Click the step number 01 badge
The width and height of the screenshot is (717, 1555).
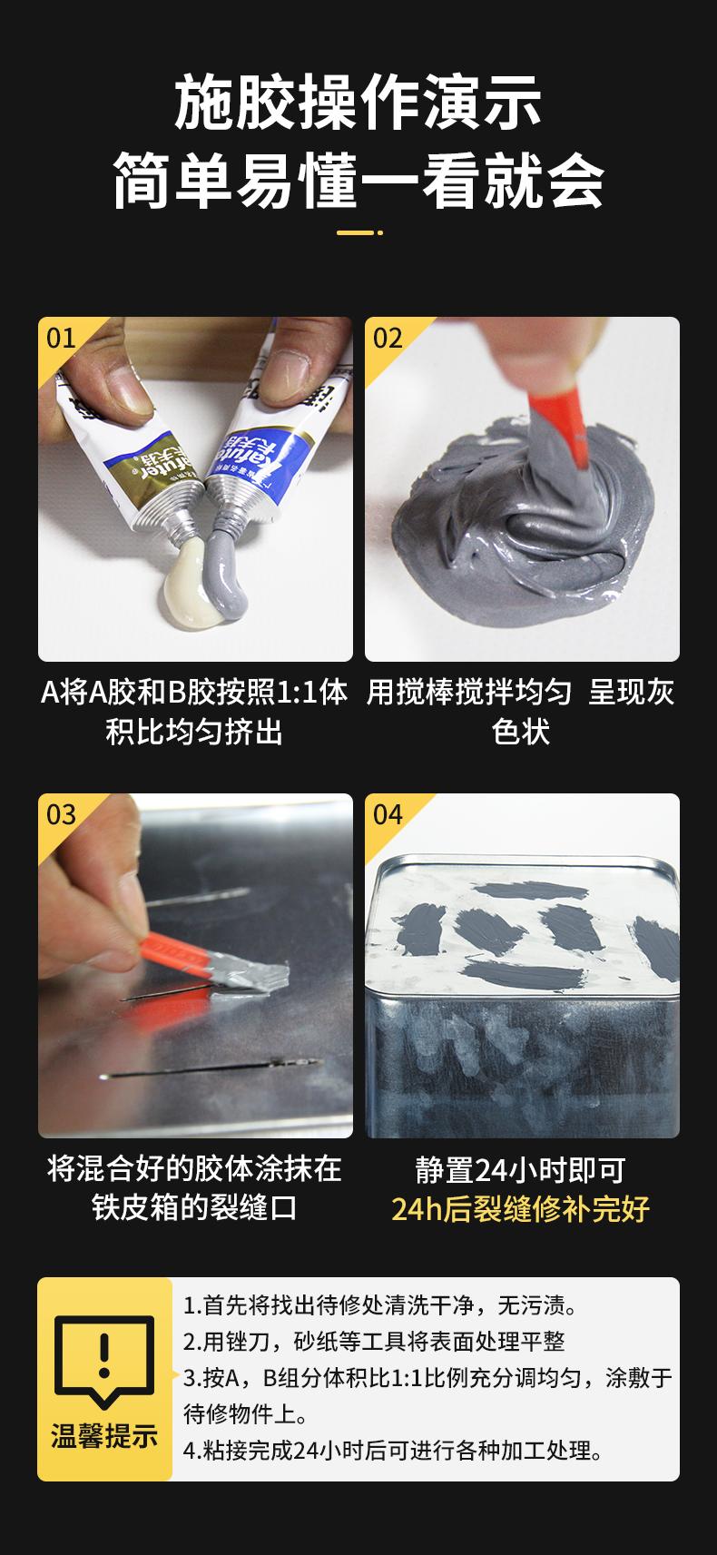click(62, 339)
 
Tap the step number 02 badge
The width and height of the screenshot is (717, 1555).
click(388, 339)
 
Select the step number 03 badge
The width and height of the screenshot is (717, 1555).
click(62, 814)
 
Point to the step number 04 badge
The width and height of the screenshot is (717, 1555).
click(388, 814)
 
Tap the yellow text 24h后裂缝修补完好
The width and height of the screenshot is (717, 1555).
click(521, 1209)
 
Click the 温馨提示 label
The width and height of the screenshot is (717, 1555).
click(103, 1436)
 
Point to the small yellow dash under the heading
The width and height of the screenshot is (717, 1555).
click(358, 233)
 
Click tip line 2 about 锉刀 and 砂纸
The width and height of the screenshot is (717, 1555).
click(374, 1342)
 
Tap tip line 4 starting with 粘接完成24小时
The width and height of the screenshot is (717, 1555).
click(393, 1450)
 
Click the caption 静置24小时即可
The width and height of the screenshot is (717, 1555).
click(521, 1170)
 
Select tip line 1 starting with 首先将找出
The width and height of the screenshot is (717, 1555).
click(380, 1305)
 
